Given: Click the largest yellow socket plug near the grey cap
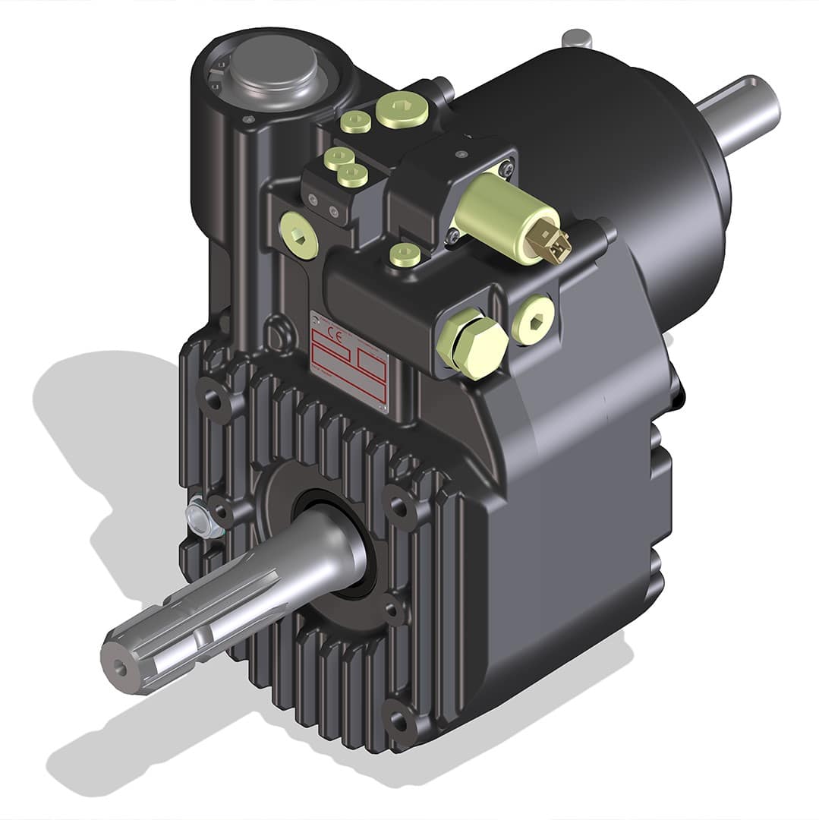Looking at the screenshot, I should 402,108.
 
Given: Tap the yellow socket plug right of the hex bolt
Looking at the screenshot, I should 534,318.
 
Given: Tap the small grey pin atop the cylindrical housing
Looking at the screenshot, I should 578,36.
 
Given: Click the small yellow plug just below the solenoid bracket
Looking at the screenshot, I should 405,254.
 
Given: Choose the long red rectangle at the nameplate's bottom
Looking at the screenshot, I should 348,383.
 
